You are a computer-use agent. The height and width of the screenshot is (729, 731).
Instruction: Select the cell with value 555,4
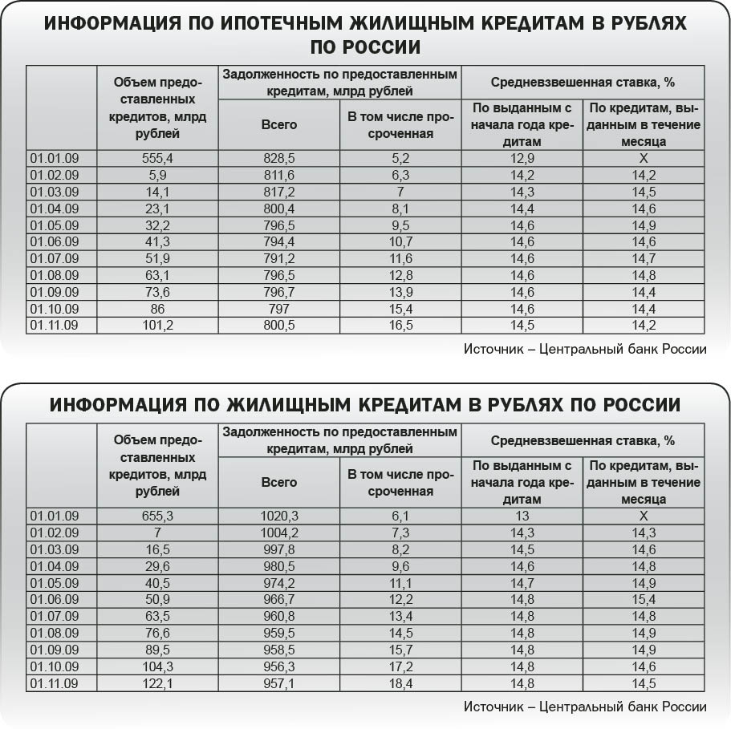pyautogui.click(x=157, y=159)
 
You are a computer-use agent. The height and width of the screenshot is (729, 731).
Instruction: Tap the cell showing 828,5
pyautogui.click(x=278, y=159)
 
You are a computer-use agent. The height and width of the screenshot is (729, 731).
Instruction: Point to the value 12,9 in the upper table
pyautogui.click(x=522, y=159)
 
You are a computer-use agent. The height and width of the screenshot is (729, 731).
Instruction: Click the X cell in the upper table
pyautogui.click(x=643, y=159)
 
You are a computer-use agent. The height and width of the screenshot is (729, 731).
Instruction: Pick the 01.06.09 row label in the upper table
pyautogui.click(x=54, y=241)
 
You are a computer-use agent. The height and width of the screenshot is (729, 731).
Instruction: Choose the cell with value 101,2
pyautogui.click(x=157, y=325)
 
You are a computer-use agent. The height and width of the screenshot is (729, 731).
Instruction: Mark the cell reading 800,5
pyautogui.click(x=278, y=325)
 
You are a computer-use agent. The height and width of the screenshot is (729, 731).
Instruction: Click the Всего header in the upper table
pyautogui.click(x=278, y=124)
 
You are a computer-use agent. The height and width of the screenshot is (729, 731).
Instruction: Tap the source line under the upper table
pyautogui.click(x=585, y=349)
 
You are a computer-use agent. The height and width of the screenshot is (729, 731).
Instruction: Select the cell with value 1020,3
pyautogui.click(x=278, y=516)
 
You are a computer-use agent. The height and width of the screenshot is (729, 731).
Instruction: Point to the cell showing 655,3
pyautogui.click(x=157, y=516)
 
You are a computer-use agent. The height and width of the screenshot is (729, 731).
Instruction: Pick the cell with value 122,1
pyautogui.click(x=157, y=682)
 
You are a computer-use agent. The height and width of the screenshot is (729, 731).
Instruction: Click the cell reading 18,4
pyautogui.click(x=400, y=682)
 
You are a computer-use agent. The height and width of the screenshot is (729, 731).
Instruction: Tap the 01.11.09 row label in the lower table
pyautogui.click(x=54, y=682)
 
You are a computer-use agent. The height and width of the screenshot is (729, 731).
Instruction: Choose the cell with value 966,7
pyautogui.click(x=278, y=600)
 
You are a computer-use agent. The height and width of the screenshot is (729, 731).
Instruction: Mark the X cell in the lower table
pyautogui.click(x=643, y=516)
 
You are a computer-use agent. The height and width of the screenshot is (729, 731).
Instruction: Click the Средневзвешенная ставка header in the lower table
pyautogui.click(x=583, y=440)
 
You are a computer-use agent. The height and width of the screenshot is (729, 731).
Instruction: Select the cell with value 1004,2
pyautogui.click(x=278, y=533)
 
